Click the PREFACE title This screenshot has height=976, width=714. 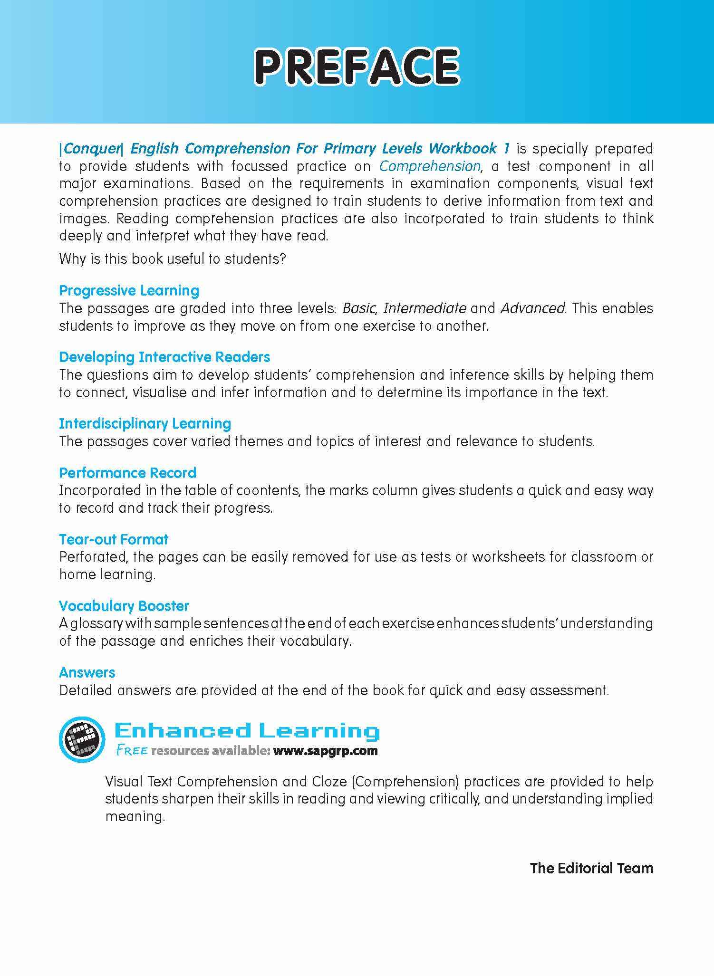357,67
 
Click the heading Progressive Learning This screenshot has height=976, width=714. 129,290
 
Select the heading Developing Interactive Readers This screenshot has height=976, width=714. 164,357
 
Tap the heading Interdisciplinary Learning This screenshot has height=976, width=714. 145,423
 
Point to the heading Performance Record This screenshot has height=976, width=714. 127,473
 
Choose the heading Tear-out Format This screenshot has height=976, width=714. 114,539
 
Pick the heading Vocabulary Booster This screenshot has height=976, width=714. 124,606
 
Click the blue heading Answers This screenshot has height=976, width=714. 87,672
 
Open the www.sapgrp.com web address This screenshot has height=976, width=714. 326,751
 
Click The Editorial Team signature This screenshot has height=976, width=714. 591,868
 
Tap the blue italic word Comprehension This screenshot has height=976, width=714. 430,166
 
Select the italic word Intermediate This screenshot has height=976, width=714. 424,308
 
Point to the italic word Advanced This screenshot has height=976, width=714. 533,308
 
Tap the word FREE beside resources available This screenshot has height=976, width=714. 132,751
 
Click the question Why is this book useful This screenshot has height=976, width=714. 172,259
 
